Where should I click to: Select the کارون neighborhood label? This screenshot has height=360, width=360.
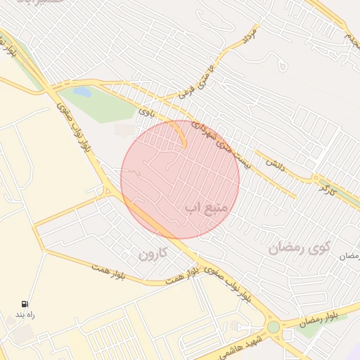[x=154, y=255]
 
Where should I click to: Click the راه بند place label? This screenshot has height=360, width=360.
[x=25, y=315]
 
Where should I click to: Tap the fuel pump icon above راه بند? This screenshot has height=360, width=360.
[x=25, y=304]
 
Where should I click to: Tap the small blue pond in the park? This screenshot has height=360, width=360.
[x=82, y=92]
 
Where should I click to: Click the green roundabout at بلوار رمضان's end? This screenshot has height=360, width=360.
[x=273, y=327]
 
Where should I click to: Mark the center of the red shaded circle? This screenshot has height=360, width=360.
[x=180, y=180]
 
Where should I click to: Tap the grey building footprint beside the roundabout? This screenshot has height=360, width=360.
[x=288, y=335]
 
